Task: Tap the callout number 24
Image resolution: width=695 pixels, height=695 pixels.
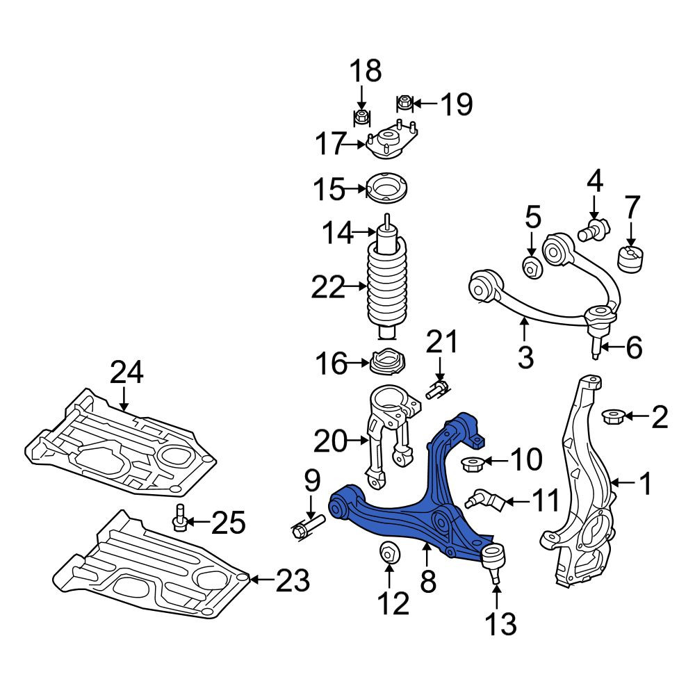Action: [x=126, y=373]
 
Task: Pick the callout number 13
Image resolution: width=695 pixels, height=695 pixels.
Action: [x=501, y=623]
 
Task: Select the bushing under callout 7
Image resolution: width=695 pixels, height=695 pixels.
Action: [x=630, y=258]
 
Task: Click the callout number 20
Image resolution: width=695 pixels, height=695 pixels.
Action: [x=329, y=442]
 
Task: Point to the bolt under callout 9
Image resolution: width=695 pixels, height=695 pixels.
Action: [x=308, y=527]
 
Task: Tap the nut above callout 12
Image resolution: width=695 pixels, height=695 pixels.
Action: [x=390, y=553]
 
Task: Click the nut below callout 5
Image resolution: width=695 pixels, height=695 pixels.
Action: [x=532, y=268]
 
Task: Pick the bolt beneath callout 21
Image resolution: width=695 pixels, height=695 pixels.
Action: [x=437, y=389]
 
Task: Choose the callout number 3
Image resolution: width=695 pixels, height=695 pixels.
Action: [x=525, y=356]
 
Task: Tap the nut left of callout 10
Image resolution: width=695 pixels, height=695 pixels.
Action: [x=471, y=464]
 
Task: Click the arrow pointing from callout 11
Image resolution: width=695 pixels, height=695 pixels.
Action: [x=517, y=502]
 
